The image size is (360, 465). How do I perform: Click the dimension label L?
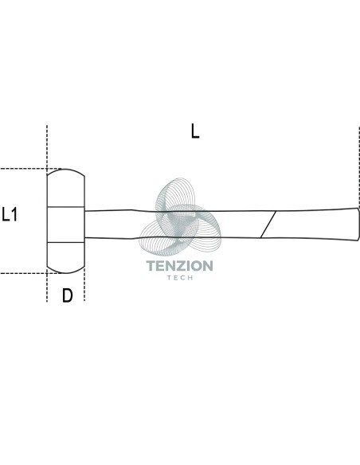195,131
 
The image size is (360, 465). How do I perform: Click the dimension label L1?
10,214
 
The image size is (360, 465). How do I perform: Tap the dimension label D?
68,295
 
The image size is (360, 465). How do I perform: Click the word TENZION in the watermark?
180,266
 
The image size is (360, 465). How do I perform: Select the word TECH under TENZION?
180,278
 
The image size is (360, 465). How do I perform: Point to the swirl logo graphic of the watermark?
180,217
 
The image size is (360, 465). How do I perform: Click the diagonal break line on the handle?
268,225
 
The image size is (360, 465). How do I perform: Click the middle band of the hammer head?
66,225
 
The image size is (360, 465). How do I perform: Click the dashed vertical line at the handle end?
359,167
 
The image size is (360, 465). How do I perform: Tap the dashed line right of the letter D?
84,285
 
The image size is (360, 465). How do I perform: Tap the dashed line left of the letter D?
47,285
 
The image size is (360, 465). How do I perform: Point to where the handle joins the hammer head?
85,225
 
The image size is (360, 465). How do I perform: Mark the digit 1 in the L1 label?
14,214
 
